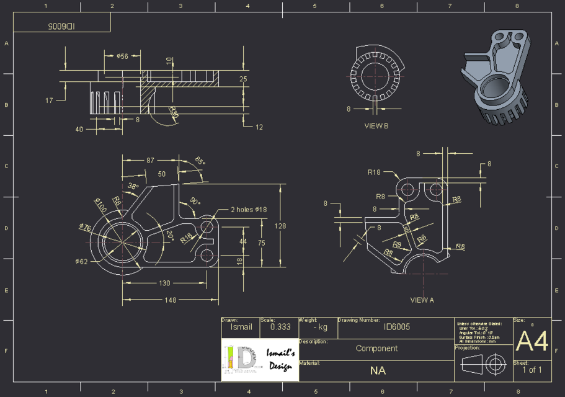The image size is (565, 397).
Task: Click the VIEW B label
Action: click(376, 125)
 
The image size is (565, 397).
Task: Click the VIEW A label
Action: click(422, 300)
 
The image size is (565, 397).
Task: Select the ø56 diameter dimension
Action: click(122, 56)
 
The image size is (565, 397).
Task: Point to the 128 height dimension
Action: click(280, 226)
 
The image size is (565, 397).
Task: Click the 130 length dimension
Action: click(164, 283)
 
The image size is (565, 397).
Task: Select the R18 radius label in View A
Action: click(373, 172)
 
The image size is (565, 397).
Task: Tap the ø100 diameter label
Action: click(100, 205)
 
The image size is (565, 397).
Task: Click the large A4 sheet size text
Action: click(532, 341)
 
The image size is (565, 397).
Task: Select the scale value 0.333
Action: click(280, 326)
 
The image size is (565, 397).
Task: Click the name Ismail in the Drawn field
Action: click(241, 326)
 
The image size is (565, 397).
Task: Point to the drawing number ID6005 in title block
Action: click(394, 327)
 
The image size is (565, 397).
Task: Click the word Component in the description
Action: click(376, 349)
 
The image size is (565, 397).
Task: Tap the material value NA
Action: click(378, 370)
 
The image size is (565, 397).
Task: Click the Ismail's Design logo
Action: click(260, 360)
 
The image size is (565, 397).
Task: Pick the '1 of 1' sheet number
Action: click(532, 370)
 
